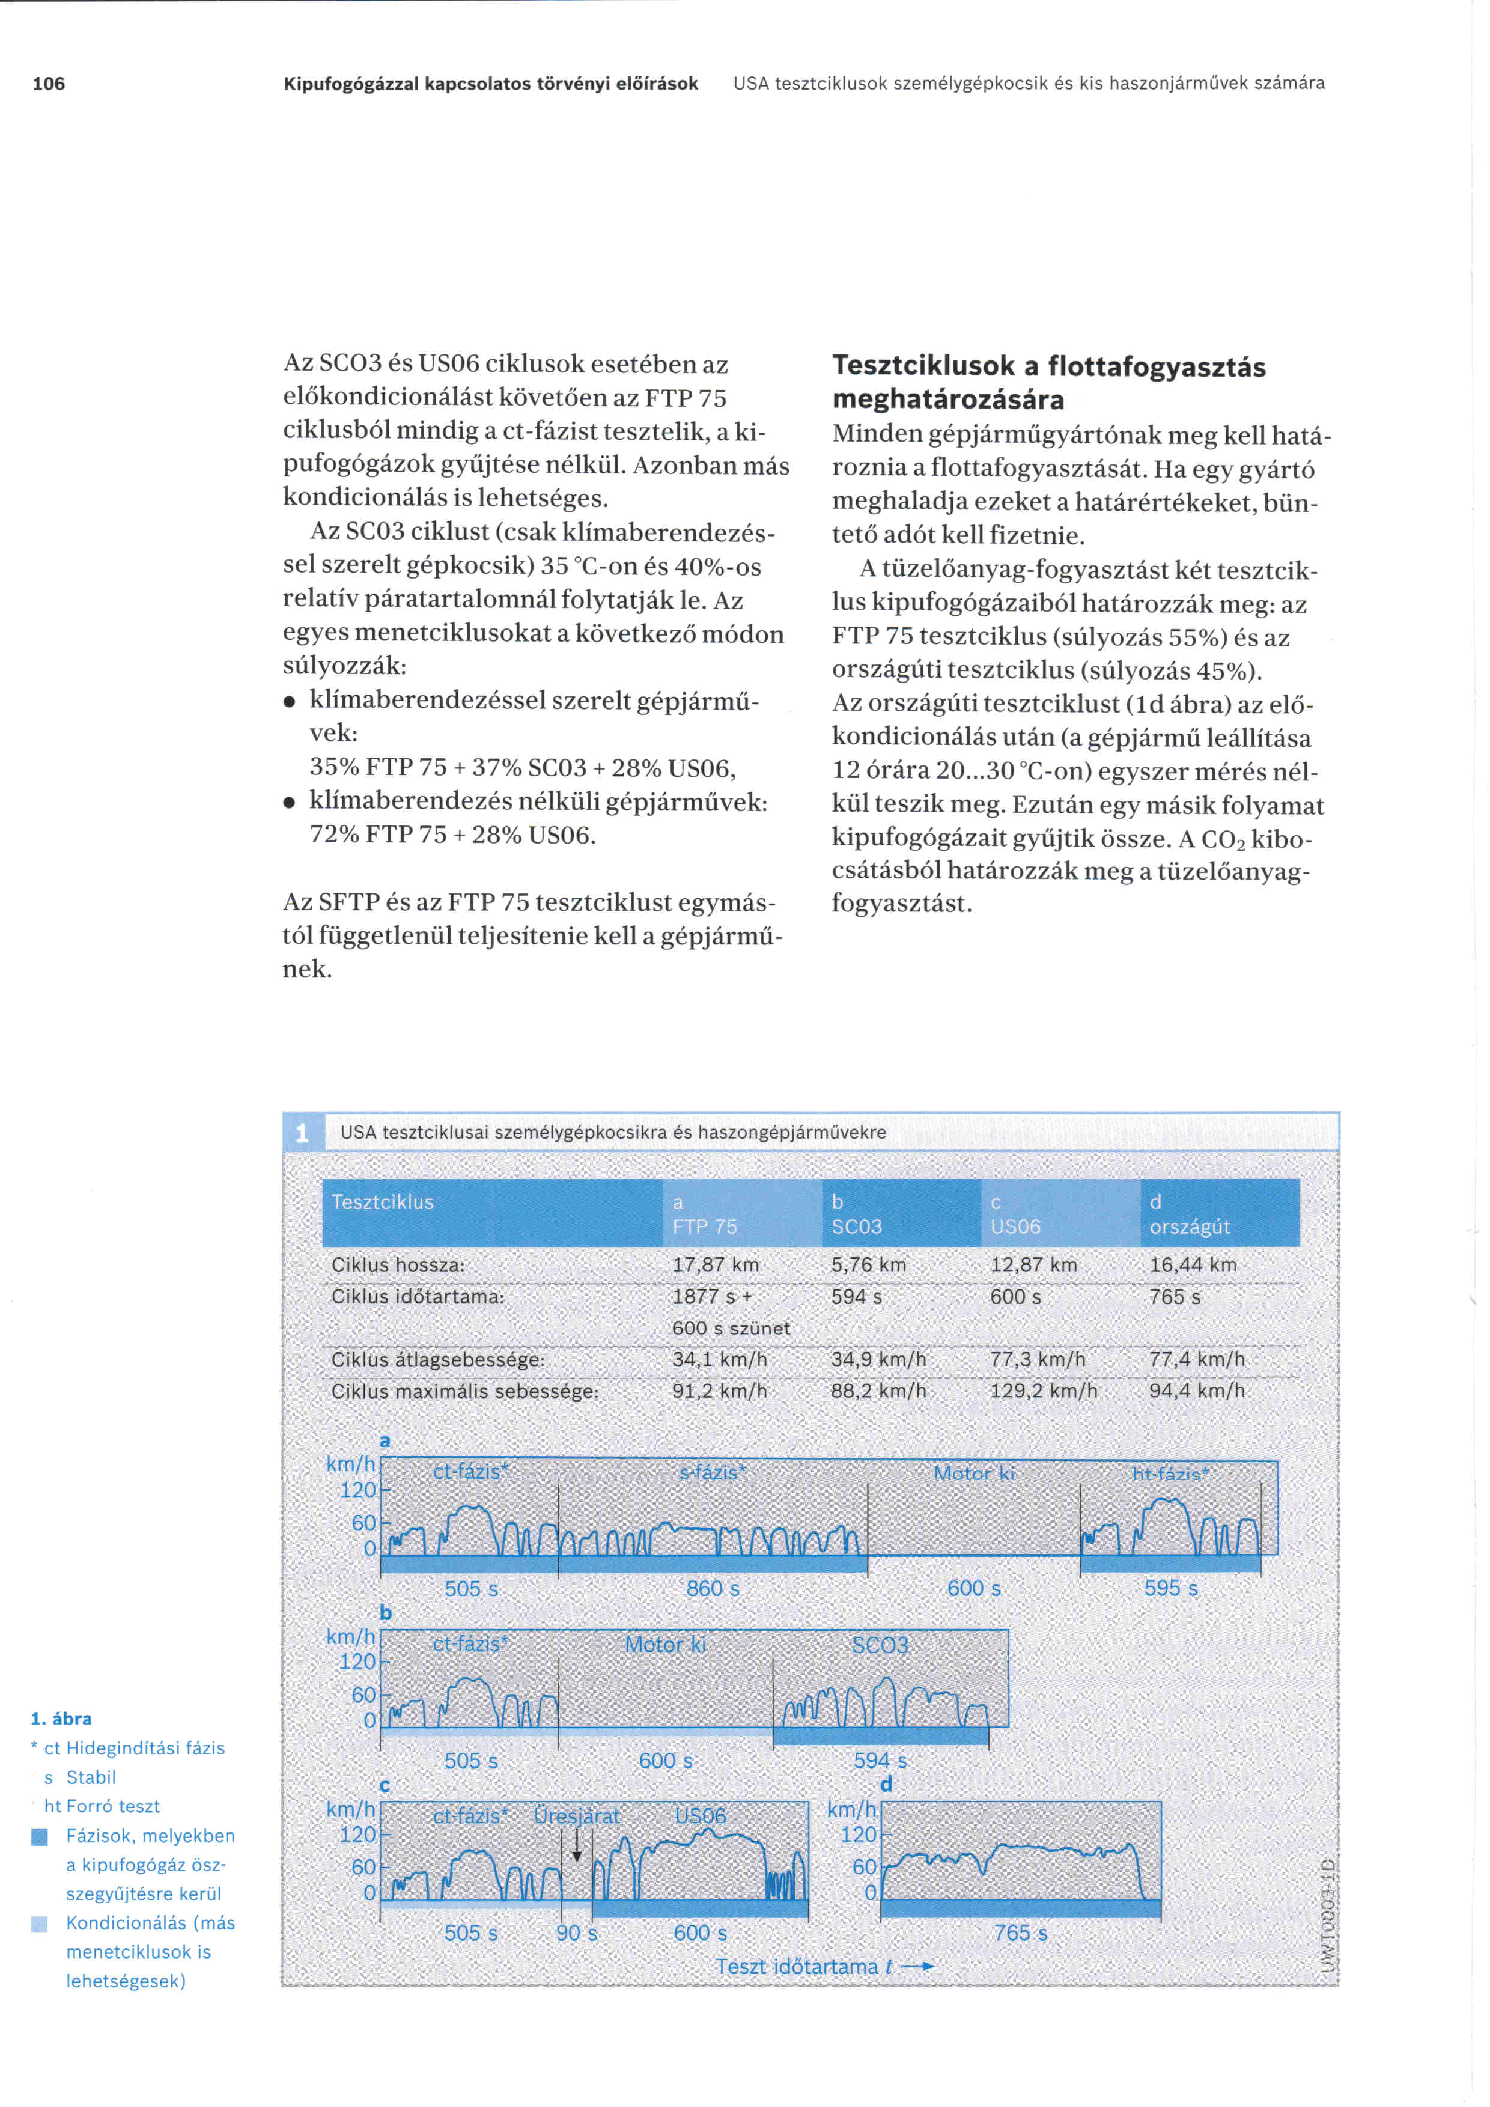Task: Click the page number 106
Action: pos(49,84)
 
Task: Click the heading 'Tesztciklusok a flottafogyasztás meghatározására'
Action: pos(1048,383)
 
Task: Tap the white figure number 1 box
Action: pos(302,1133)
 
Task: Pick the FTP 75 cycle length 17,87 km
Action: pos(715,1265)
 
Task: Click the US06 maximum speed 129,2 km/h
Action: pos(1043,1391)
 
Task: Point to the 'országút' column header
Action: pos(1189,1227)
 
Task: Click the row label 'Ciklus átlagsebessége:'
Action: pos(437,1360)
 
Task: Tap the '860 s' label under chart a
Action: pos(713,1589)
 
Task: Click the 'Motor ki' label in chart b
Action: pos(665,1644)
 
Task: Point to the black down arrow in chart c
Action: pos(577,1846)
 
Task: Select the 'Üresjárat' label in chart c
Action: pos(576,1816)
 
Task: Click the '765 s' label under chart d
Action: pos(1020,1933)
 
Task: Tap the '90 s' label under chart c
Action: pos(576,1933)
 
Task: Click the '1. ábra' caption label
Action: pos(61,1719)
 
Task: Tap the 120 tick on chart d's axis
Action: pos(858,1834)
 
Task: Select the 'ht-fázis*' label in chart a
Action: pos(1170,1474)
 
